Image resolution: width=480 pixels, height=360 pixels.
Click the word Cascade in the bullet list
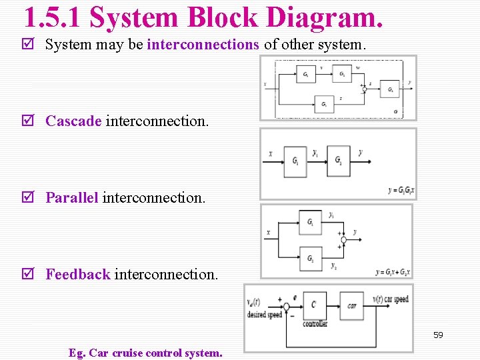[x=73, y=121]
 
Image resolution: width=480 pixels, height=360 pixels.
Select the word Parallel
[x=71, y=198]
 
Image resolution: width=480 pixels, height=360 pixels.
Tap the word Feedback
[x=77, y=274]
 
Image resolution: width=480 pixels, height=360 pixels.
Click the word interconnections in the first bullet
[x=203, y=45]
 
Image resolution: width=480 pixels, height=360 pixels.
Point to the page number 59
[x=438, y=335]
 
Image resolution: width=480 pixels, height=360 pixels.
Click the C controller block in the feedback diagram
[x=314, y=305]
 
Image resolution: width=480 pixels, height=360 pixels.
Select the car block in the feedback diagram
[x=351, y=305]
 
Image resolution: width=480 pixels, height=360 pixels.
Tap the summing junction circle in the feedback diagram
[x=286, y=307]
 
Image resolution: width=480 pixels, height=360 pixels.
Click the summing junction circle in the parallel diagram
[x=342, y=239]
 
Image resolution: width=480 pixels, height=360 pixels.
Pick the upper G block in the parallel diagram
[x=311, y=222]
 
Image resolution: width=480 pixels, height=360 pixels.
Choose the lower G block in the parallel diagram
[x=311, y=257]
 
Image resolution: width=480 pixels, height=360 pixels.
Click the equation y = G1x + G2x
[x=393, y=272]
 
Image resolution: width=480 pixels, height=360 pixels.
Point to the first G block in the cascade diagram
[x=295, y=161]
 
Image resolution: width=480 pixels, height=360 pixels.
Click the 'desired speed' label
[x=265, y=315]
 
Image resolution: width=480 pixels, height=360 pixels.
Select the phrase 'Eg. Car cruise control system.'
[x=145, y=353]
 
